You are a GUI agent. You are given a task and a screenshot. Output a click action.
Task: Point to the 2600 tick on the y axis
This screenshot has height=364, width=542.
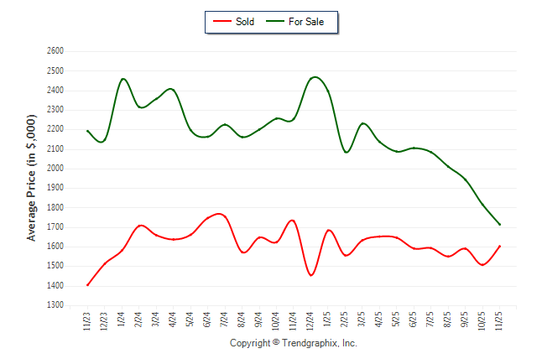[x=55, y=51]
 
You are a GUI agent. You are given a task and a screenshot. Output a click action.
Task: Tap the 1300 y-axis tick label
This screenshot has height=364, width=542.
[x=55, y=305]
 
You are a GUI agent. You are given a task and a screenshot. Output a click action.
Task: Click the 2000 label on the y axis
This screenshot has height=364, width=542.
[x=55, y=169]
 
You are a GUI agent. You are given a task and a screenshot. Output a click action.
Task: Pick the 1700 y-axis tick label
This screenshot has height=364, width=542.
[x=55, y=227]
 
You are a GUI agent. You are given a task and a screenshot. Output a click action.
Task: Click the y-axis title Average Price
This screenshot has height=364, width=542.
[x=31, y=179]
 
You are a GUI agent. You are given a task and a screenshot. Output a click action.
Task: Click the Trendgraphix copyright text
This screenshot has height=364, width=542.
[x=293, y=343]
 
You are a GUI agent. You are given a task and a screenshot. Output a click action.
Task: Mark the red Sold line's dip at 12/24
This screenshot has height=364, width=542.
[x=311, y=275]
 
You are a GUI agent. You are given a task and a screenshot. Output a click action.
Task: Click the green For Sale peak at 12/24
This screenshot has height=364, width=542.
[x=314, y=77]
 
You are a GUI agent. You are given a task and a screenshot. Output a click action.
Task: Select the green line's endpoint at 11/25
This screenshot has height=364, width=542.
[x=500, y=225]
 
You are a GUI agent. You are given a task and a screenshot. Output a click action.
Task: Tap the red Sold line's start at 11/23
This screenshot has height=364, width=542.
[x=87, y=285]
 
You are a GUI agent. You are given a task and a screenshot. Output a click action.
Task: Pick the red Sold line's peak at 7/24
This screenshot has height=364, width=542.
[x=220, y=214]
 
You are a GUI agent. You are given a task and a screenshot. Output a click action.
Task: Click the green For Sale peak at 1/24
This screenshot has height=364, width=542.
[x=123, y=79]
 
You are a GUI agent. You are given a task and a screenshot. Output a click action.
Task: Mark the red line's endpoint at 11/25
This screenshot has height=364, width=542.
[x=500, y=246]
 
